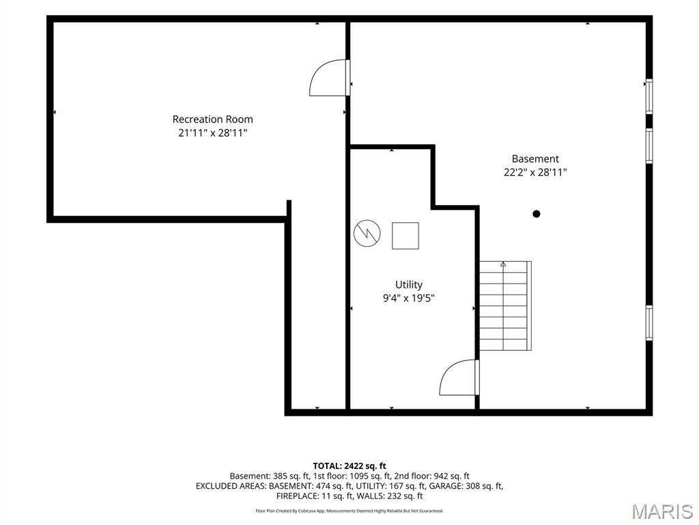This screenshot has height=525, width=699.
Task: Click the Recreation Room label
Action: pyautogui.click(x=213, y=119)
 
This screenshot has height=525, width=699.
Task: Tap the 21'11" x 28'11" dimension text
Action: pyautogui.click(x=213, y=133)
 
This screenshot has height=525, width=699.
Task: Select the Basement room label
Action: pyautogui.click(x=535, y=159)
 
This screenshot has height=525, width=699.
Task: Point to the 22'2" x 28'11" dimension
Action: pyautogui.click(x=535, y=172)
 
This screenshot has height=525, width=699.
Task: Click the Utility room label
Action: pyautogui.click(x=409, y=285)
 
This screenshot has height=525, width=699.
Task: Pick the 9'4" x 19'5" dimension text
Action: pyautogui.click(x=409, y=298)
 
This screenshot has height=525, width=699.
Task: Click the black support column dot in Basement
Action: pyautogui.click(x=537, y=214)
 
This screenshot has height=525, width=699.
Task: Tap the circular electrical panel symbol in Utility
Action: pyautogui.click(x=367, y=233)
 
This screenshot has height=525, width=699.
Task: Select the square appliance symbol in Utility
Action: pyautogui.click(x=405, y=236)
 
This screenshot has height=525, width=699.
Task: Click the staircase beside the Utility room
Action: pyautogui.click(x=506, y=306)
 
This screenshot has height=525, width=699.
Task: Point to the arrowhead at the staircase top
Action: pyautogui.click(x=503, y=264)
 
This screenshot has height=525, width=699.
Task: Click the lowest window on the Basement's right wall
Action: pyautogui.click(x=649, y=323)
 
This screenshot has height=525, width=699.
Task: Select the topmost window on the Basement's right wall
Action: pyautogui.click(x=649, y=96)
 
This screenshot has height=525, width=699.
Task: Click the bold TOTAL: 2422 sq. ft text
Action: pyautogui.click(x=349, y=466)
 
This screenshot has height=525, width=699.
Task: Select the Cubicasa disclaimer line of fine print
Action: pyautogui.click(x=349, y=511)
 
